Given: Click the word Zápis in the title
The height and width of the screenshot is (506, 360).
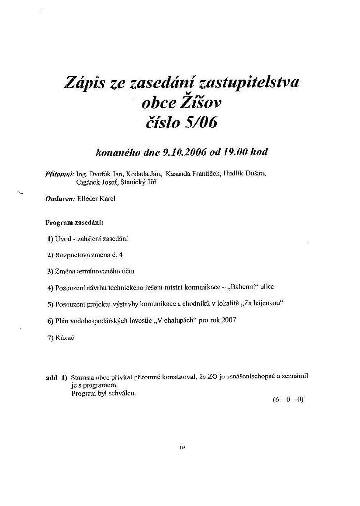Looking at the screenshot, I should [x=84, y=83].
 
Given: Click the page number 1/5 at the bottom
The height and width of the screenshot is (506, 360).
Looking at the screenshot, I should [x=182, y=448].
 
